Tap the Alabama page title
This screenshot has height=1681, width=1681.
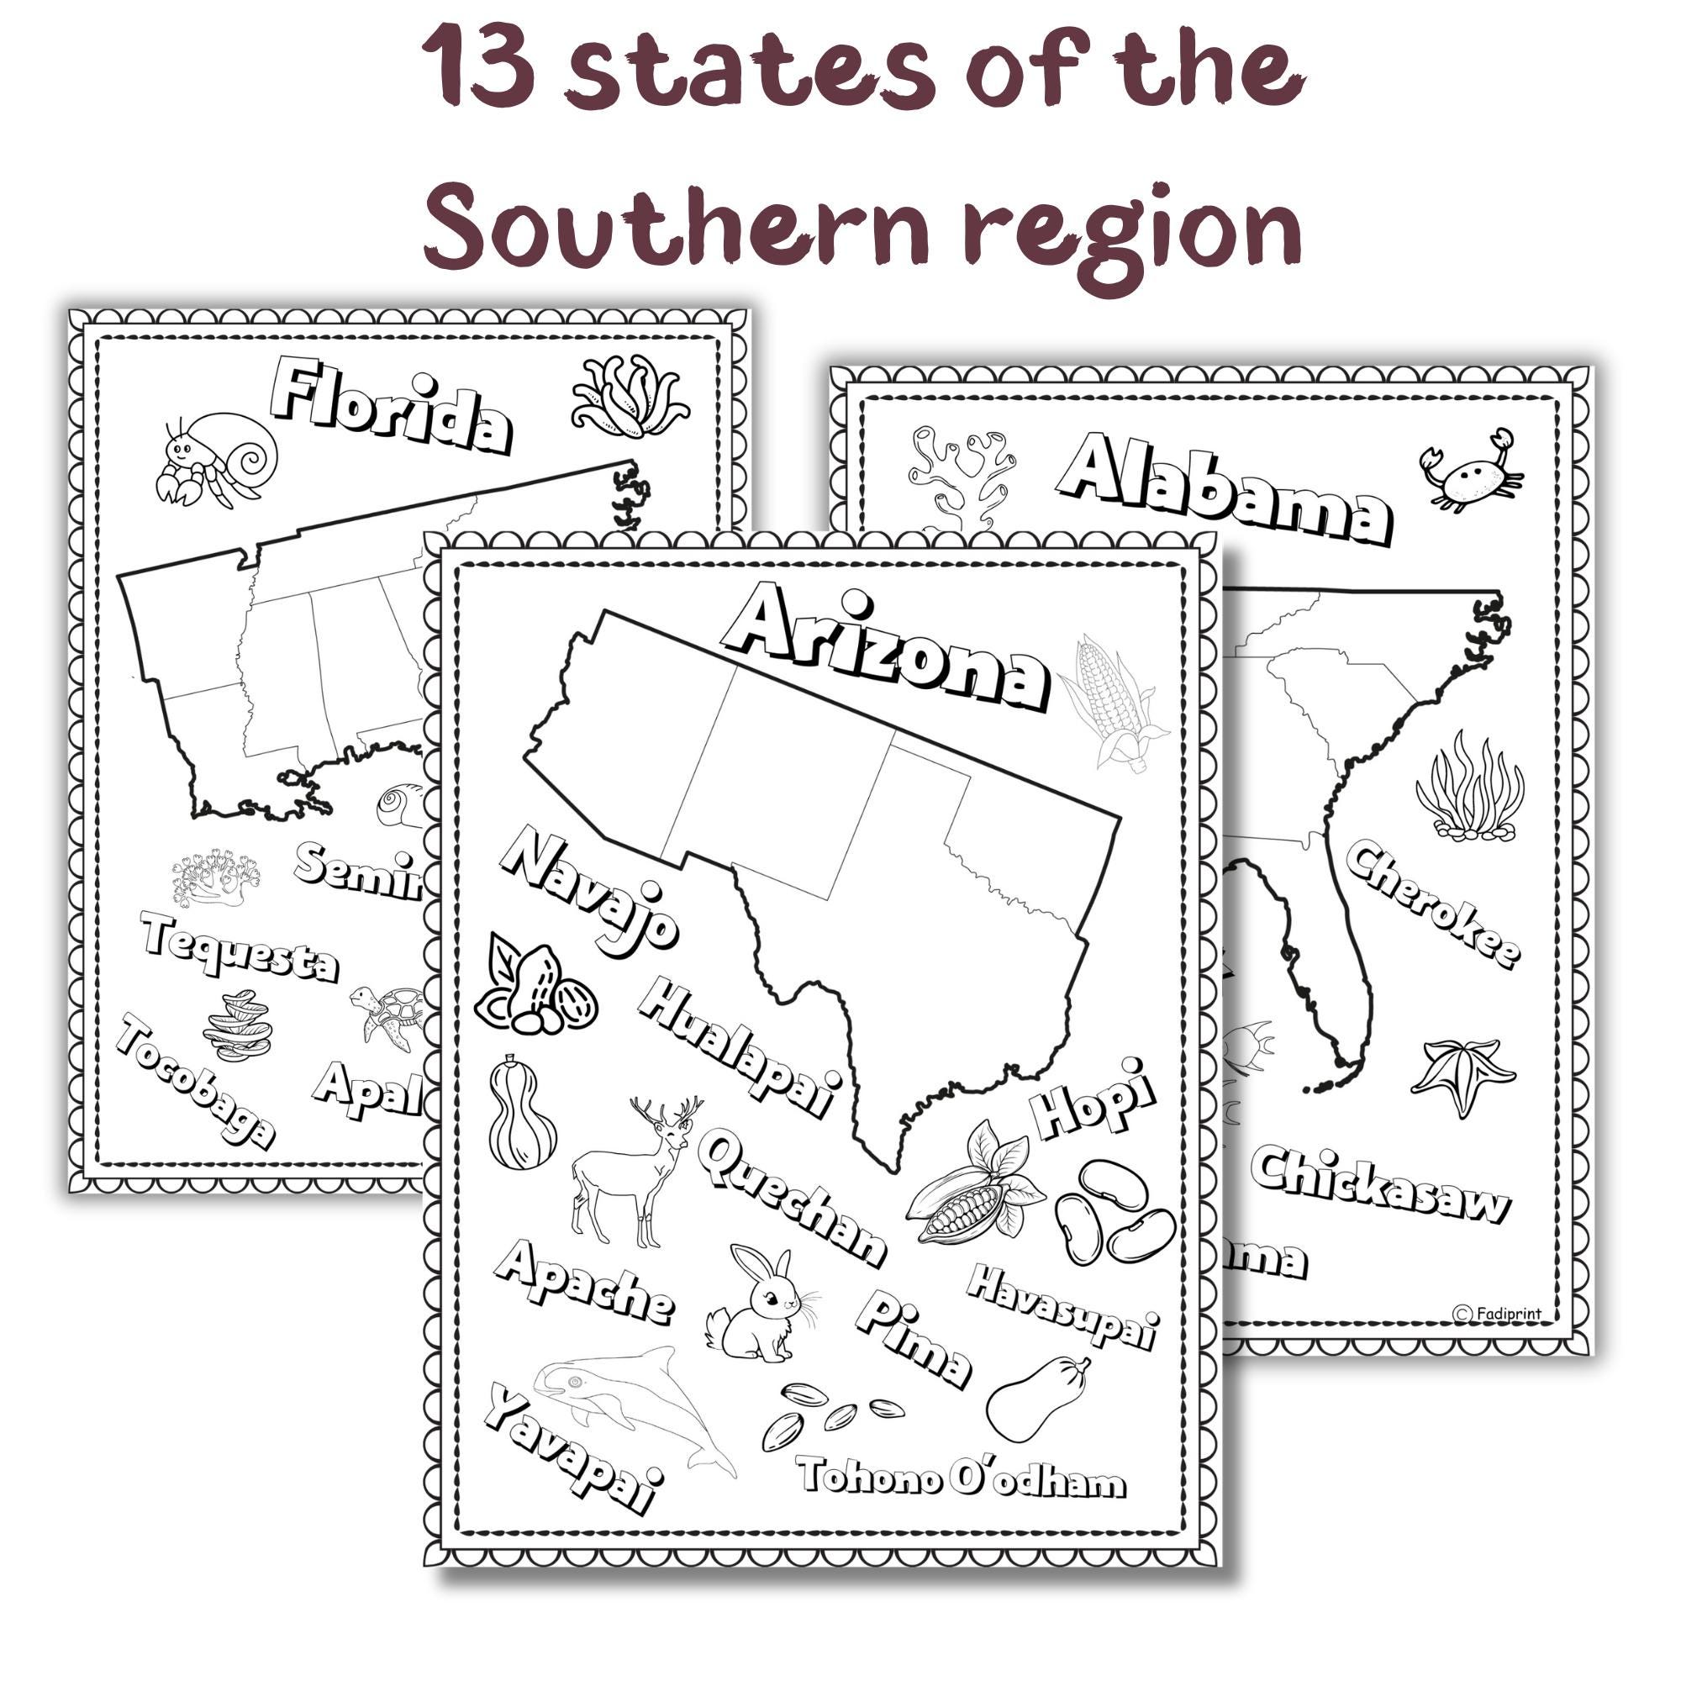[1225, 493]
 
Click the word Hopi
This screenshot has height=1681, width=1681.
[1094, 1099]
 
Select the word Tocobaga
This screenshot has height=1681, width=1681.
[196, 1079]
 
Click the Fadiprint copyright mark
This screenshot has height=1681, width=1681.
[1497, 1313]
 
